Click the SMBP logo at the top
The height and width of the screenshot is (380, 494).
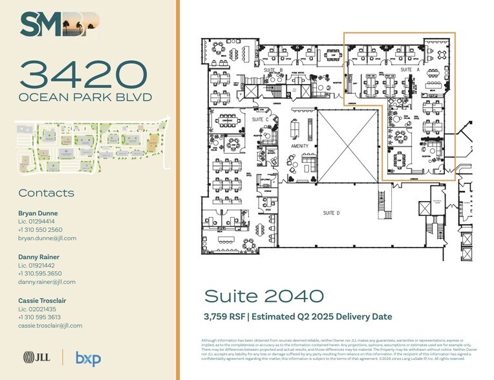pyautogui.click(x=60, y=25)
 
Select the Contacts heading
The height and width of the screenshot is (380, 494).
pyautogui.click(x=46, y=193)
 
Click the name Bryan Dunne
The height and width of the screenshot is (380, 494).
pyautogui.click(x=38, y=213)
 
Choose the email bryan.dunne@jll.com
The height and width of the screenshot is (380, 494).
pyautogui.click(x=47, y=238)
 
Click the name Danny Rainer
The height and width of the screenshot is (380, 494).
pyautogui.click(x=39, y=257)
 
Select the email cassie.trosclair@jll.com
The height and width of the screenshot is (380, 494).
pyautogui.click(x=50, y=326)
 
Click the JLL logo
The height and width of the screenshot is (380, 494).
pyautogui.click(x=37, y=357)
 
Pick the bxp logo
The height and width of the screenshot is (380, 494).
pyautogui.click(x=87, y=357)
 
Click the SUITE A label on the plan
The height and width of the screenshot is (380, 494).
pyautogui.click(x=410, y=69)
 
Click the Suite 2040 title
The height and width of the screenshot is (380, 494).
pyautogui.click(x=263, y=297)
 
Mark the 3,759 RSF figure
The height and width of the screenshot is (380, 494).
pyautogui.click(x=226, y=316)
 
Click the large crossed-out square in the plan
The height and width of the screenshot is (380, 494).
pyautogui.click(x=347, y=145)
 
